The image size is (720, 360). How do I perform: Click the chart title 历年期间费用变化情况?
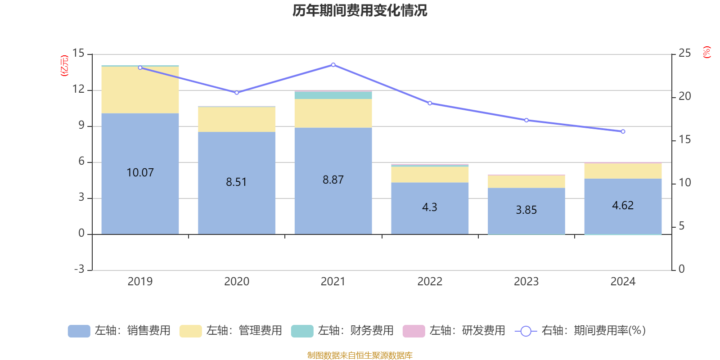click(x=360, y=10)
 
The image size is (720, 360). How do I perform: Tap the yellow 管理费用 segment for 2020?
click(x=237, y=119)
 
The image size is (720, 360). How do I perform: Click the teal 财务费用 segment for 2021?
click(x=333, y=95)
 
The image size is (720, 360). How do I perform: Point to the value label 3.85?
click(x=526, y=210)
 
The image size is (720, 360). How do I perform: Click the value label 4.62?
click(x=623, y=206)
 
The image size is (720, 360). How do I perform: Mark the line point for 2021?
click(x=333, y=65)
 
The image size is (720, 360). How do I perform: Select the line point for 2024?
click(x=623, y=132)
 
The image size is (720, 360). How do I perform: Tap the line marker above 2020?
click(x=237, y=93)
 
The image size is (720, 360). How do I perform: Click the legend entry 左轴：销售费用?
click(x=120, y=331)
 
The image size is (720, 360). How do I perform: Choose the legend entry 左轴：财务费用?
click(x=343, y=331)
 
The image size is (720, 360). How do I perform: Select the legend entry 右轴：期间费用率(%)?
click(x=580, y=331)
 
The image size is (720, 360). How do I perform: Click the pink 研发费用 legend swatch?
click(x=414, y=331)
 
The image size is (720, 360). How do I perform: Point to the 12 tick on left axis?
click(x=78, y=89)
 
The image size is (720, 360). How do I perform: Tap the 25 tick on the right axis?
click(x=684, y=54)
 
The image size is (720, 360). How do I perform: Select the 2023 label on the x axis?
click(x=526, y=282)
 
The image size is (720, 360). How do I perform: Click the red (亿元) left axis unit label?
click(x=64, y=66)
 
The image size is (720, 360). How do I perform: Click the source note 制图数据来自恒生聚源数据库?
click(x=360, y=355)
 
